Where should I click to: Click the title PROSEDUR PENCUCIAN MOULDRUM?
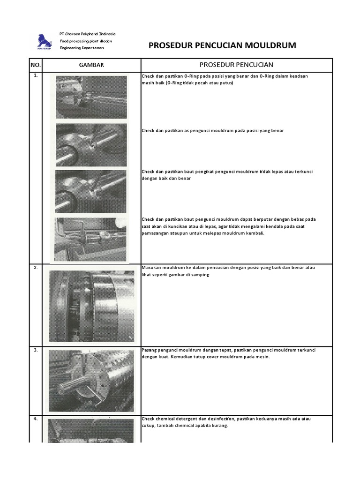click(222, 45)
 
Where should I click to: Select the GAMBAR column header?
click(91, 65)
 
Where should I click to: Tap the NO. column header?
click(36, 65)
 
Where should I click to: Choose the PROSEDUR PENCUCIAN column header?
click(236, 65)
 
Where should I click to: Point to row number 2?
click(36, 267)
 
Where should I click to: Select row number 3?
click(36, 350)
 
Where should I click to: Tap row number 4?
click(36, 419)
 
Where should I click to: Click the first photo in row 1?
click(91, 97)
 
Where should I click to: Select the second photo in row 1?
click(91, 145)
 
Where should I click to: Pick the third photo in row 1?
click(91, 191)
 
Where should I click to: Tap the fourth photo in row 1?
click(91, 238)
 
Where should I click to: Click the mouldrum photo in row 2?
click(91, 306)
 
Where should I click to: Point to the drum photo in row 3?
click(91, 381)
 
